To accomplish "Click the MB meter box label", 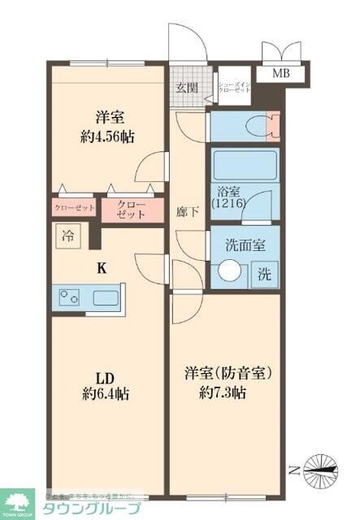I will point(280,74).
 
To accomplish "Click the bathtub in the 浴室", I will point(244,167).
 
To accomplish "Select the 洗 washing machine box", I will point(265,274).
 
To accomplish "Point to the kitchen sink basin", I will point(106,297).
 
